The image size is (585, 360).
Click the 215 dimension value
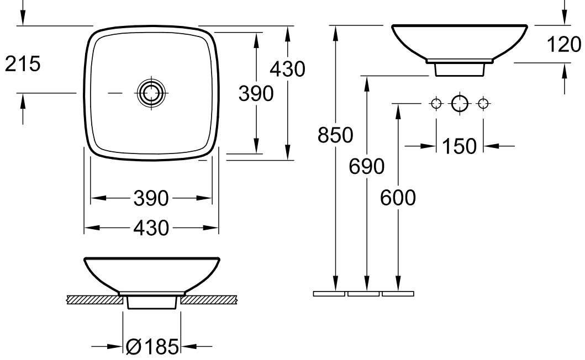pos(23,64)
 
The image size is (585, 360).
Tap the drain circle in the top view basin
pos(151,93)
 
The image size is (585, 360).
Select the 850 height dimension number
pos(335,135)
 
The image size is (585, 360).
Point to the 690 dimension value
pos(366,166)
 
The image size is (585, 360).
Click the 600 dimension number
pos(398,198)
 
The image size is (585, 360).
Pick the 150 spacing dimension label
pos(459,146)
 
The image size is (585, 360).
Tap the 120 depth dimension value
pos(564,45)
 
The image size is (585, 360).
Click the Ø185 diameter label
pos(152,347)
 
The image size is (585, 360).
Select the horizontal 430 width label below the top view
pos(151,228)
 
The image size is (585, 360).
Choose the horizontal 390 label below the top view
pos(151,198)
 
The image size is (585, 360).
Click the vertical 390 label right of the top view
pos(256,94)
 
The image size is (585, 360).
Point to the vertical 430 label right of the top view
pos(288,69)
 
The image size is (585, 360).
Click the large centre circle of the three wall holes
pos(460,103)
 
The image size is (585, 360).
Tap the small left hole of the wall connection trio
pos(436,103)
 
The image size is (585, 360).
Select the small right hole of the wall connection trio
pos(483,103)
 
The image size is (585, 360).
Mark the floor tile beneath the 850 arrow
pos(329,294)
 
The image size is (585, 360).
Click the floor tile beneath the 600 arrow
pos(398,294)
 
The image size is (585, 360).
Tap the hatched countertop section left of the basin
pos(93,299)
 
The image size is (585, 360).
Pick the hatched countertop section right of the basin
pos(210,299)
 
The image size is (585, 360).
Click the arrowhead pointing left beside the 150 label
pos(492,146)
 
